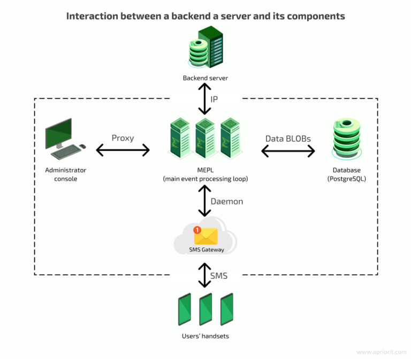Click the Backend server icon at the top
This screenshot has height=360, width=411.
tap(205, 49)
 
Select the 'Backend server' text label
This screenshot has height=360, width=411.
tap(205, 78)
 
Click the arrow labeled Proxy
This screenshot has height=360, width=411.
tap(123, 151)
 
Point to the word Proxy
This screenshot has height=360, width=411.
tap(123, 138)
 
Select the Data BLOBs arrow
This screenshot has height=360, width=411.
tap(288, 151)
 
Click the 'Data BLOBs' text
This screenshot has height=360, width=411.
tap(288, 139)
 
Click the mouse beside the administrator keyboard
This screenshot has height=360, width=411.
tap(82, 146)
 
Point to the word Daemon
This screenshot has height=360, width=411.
tap(227, 202)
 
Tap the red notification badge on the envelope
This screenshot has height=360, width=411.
tap(197, 229)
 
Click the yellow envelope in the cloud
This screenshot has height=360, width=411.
tap(206, 236)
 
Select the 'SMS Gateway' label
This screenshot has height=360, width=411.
tap(205, 249)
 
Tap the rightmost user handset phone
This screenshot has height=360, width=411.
tap(227, 309)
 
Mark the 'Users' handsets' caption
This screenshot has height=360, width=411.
tap(205, 336)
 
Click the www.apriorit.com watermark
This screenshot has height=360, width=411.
tap(381, 352)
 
